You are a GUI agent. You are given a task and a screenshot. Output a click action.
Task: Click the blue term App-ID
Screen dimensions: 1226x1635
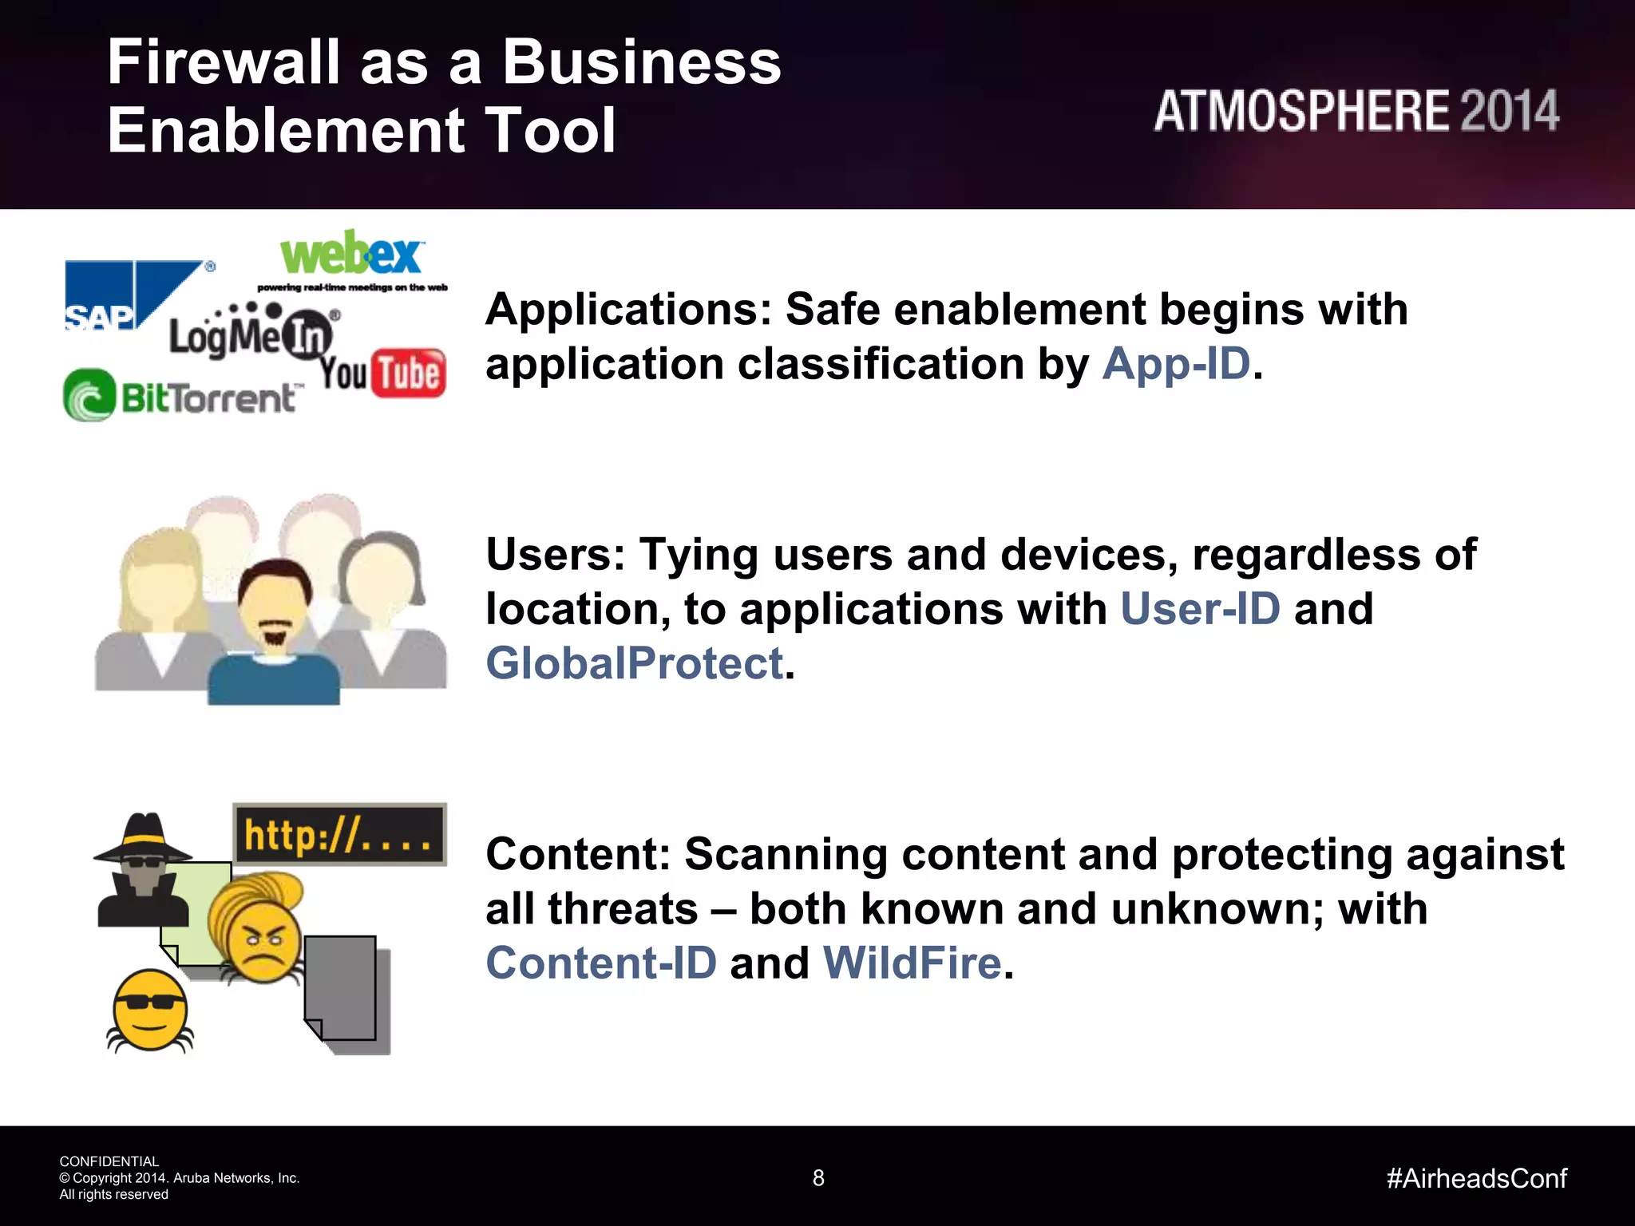[x=1176, y=364]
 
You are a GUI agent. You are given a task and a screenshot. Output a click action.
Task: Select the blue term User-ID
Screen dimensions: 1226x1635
[x=1200, y=609]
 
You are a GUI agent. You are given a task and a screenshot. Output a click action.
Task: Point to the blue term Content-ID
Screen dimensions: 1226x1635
[x=601, y=963]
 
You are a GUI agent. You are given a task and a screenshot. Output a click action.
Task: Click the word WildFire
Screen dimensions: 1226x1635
[x=912, y=963]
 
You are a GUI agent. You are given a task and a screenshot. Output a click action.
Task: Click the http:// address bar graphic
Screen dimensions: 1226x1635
[x=339, y=835]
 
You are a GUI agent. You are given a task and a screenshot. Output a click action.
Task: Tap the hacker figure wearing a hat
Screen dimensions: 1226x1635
[x=142, y=870]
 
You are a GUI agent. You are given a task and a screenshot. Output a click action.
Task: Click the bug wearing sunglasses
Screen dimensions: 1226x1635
[x=150, y=1010]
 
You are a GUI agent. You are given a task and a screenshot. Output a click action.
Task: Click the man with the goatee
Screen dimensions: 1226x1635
[x=274, y=631]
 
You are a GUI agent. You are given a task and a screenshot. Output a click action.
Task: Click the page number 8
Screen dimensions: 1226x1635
[x=818, y=1178]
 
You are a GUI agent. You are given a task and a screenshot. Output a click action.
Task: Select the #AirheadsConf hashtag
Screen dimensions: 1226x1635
[x=1476, y=1178]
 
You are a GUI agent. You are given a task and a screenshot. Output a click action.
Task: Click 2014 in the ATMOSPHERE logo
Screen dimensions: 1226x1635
[x=1509, y=112]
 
